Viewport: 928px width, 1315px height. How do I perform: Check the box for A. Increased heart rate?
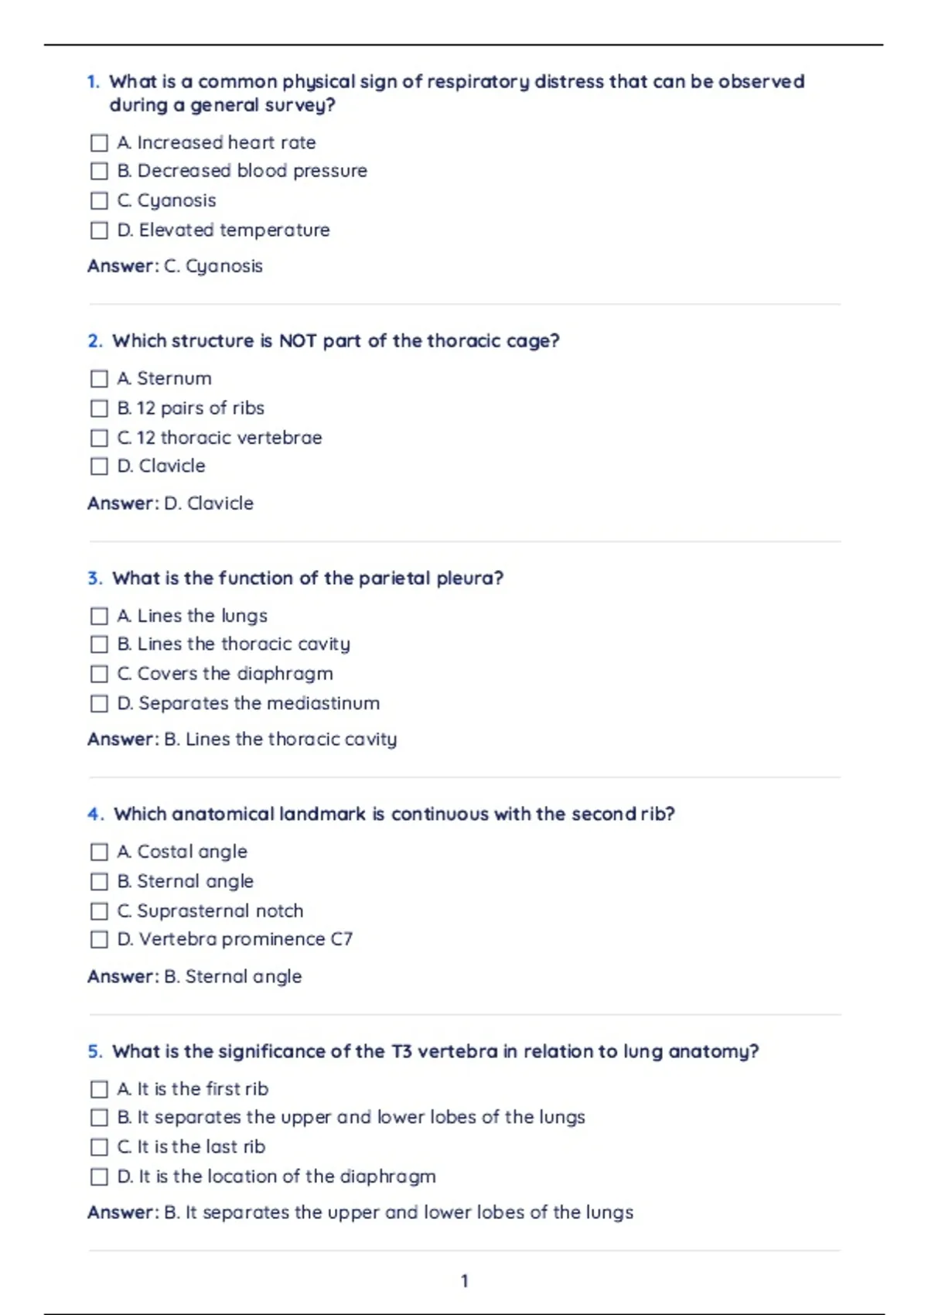point(99,143)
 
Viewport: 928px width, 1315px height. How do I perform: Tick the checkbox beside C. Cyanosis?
point(99,201)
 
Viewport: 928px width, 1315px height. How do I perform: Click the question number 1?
point(93,82)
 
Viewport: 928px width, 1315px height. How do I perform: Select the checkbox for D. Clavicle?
point(99,466)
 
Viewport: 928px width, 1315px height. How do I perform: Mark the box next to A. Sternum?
point(99,379)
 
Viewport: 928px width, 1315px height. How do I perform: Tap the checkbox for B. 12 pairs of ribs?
point(99,408)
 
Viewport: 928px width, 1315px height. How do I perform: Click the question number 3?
point(94,579)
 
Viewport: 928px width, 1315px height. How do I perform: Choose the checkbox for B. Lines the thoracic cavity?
point(99,644)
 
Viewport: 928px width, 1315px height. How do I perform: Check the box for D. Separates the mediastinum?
point(99,704)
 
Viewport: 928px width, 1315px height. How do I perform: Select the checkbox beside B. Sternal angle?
point(99,882)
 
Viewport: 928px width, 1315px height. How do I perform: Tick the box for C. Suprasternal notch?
point(99,911)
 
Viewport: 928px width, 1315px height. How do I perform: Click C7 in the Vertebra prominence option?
point(341,939)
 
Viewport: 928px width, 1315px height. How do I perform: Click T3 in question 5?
point(401,1052)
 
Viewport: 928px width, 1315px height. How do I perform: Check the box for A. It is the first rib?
point(99,1089)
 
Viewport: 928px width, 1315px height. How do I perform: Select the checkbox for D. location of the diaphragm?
point(99,1177)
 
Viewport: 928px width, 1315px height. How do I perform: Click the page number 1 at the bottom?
point(464,1282)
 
